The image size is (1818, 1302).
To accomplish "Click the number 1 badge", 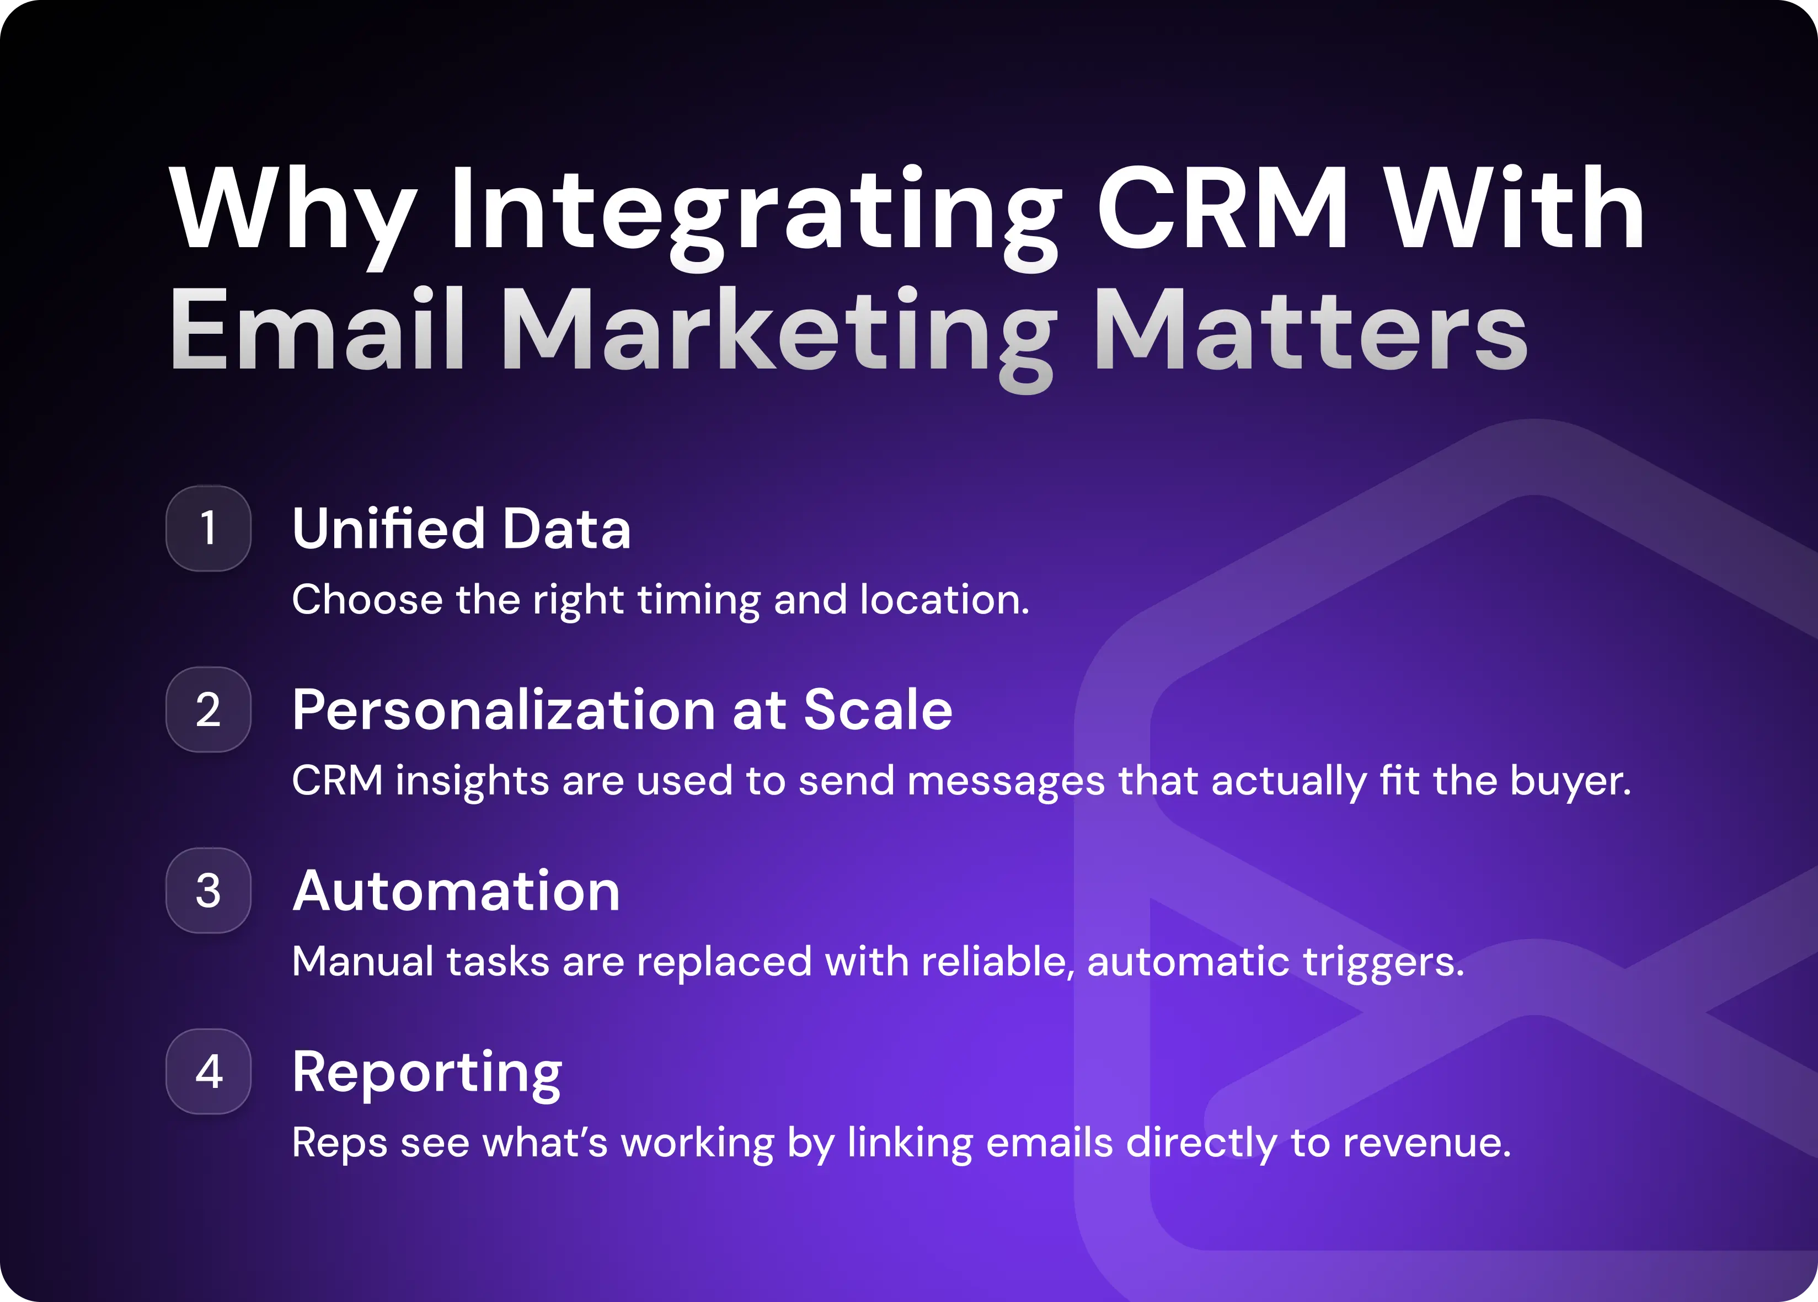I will (208, 529).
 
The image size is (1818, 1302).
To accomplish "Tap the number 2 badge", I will (208, 709).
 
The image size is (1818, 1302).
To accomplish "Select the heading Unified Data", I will (461, 529).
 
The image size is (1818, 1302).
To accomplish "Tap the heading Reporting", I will (426, 1072).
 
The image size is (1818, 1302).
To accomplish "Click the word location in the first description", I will (943, 600).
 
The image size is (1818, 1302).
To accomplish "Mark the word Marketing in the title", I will (782, 333).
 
